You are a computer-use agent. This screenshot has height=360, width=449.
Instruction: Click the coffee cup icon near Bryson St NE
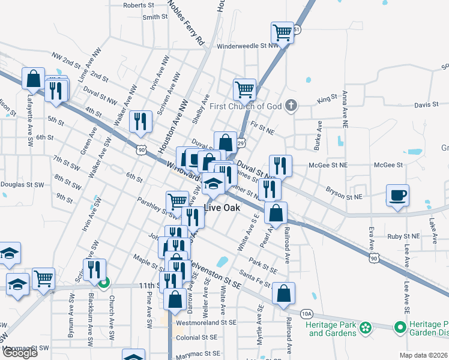397,195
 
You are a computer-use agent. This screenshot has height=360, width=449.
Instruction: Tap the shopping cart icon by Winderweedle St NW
282,31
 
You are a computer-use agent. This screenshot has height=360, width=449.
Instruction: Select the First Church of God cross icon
291,106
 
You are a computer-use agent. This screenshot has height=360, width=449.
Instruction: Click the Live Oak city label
222,208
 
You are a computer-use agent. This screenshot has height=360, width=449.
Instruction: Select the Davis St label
426,105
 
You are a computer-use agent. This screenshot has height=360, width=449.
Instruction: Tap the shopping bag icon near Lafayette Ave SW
34,78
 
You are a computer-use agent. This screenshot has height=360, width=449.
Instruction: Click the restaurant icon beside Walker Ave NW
140,121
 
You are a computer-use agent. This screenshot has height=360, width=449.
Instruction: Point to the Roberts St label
139,5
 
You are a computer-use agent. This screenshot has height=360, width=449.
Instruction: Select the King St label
328,97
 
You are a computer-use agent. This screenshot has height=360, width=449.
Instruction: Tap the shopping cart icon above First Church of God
245,89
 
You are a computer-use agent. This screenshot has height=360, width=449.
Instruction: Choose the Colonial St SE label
196,338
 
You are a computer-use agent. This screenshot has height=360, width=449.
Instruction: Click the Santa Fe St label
255,273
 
